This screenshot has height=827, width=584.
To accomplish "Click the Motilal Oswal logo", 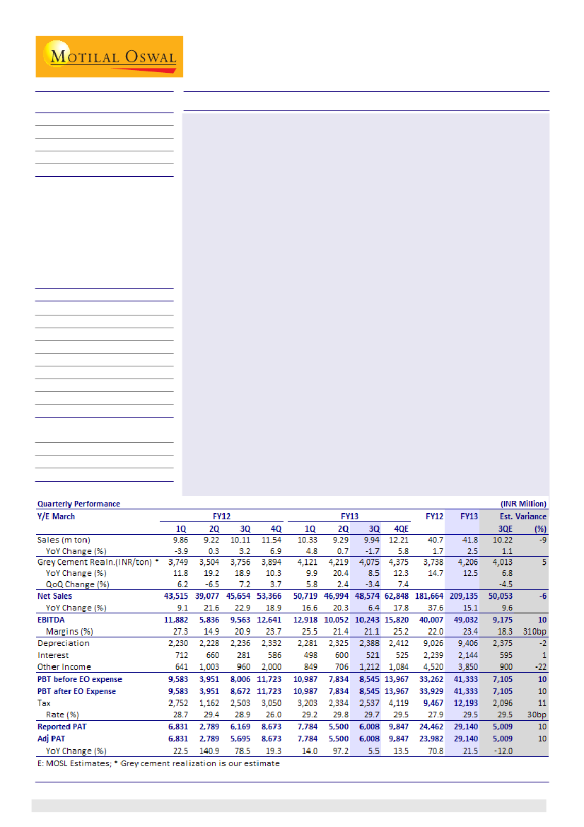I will pos(109,57).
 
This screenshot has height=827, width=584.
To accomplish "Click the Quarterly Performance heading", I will pos(78,504).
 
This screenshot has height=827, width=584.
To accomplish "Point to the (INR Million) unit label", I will pos(522,504).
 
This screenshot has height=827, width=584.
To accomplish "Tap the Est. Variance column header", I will pos(523,516).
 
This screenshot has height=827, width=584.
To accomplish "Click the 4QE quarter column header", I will pos(402,528).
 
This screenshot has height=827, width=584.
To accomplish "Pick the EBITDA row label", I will pos(52,620).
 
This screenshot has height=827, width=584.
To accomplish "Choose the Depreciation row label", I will pos(64,643).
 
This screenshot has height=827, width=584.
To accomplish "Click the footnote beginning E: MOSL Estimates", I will pos(158,763).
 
